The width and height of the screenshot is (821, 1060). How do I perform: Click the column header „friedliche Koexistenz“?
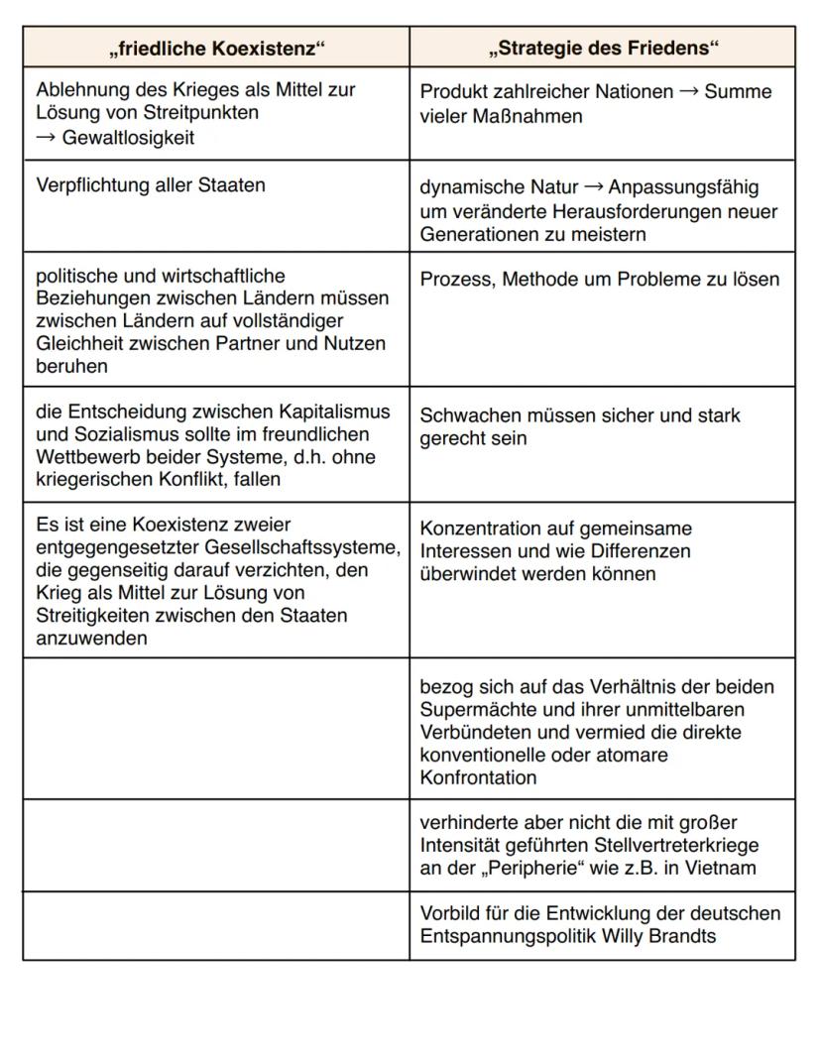[x=216, y=48]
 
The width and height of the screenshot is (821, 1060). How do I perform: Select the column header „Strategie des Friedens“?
[x=603, y=48]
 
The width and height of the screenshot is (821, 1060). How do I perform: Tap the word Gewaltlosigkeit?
[x=128, y=138]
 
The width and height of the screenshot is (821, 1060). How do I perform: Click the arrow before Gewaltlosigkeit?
[x=46, y=138]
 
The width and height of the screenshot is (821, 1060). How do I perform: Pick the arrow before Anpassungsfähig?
[x=593, y=187]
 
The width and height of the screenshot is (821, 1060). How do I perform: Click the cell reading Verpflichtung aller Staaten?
[x=151, y=185]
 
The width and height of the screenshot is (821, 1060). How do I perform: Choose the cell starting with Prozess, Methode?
[x=599, y=280]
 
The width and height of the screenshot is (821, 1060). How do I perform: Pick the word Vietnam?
[x=722, y=868]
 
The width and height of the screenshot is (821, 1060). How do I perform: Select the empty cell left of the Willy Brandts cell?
[x=216, y=925]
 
